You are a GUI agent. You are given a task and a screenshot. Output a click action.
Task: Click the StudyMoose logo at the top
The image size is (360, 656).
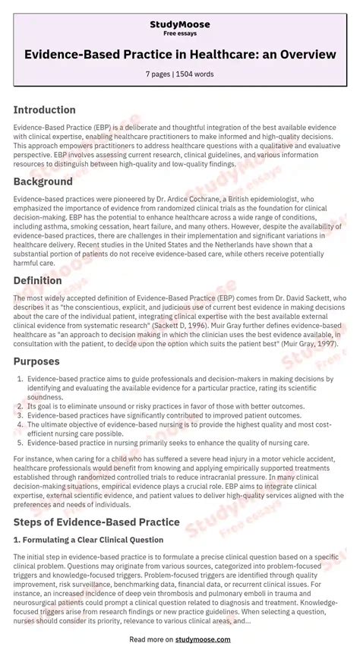click(179, 24)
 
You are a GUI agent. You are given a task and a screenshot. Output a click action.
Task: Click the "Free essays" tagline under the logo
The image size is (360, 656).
click(179, 34)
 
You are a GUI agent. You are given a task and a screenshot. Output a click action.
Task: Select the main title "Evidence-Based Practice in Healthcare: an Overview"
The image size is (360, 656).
click(180, 54)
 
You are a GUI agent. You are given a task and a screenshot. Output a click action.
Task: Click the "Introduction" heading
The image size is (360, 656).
click(44, 110)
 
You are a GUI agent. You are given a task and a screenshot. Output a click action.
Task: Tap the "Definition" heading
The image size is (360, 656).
click(38, 280)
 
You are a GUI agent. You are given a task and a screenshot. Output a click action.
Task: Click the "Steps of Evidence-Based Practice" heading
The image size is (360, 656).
click(96, 522)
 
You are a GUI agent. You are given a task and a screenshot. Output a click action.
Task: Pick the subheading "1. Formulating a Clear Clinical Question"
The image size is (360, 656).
click(88, 540)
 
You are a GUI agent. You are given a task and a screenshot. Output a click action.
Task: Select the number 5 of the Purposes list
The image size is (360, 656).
click(20, 442)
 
